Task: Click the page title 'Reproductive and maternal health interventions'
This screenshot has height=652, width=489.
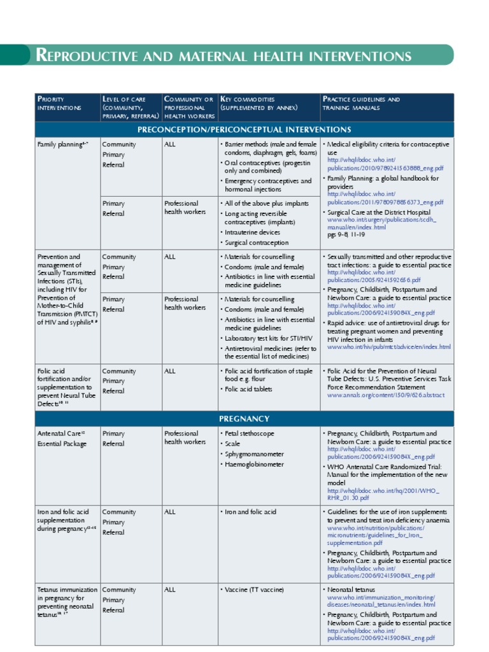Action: pos(223,55)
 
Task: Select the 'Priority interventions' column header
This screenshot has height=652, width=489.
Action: pos(59,103)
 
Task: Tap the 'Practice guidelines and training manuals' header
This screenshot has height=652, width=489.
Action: pos(361,103)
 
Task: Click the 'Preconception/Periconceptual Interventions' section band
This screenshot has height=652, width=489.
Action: pos(244,129)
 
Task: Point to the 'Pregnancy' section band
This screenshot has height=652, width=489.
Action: pos(244,418)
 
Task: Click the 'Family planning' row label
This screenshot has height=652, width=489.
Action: pos(62,145)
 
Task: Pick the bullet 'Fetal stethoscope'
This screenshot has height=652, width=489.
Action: pos(250,434)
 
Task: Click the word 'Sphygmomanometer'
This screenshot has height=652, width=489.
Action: pos(255,454)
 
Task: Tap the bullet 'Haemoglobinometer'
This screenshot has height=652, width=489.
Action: pos(254,464)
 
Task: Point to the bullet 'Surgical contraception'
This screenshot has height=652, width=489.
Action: pos(256,243)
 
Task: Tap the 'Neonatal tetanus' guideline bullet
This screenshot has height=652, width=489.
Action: pos(355,590)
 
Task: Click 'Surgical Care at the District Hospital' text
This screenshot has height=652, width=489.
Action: pos(378,212)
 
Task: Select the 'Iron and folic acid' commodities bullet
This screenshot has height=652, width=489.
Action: pos(251,512)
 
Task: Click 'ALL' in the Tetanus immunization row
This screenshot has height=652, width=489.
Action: pos(170,590)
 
